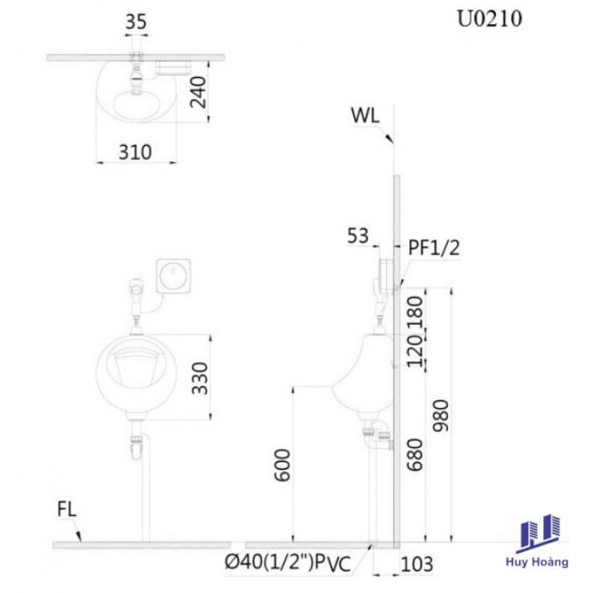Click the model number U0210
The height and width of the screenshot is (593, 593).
[490, 18]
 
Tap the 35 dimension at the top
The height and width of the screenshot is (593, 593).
[136, 22]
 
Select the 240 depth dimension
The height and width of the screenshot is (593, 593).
[198, 92]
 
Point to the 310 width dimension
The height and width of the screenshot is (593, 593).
[135, 152]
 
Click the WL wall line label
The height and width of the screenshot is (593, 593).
[365, 115]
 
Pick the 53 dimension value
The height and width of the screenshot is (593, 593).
[357, 236]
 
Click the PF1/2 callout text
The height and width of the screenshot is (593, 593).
[434, 248]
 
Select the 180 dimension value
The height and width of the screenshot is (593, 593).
[415, 313]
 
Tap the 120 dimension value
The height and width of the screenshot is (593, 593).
[415, 351]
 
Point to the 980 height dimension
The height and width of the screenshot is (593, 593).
[441, 416]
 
